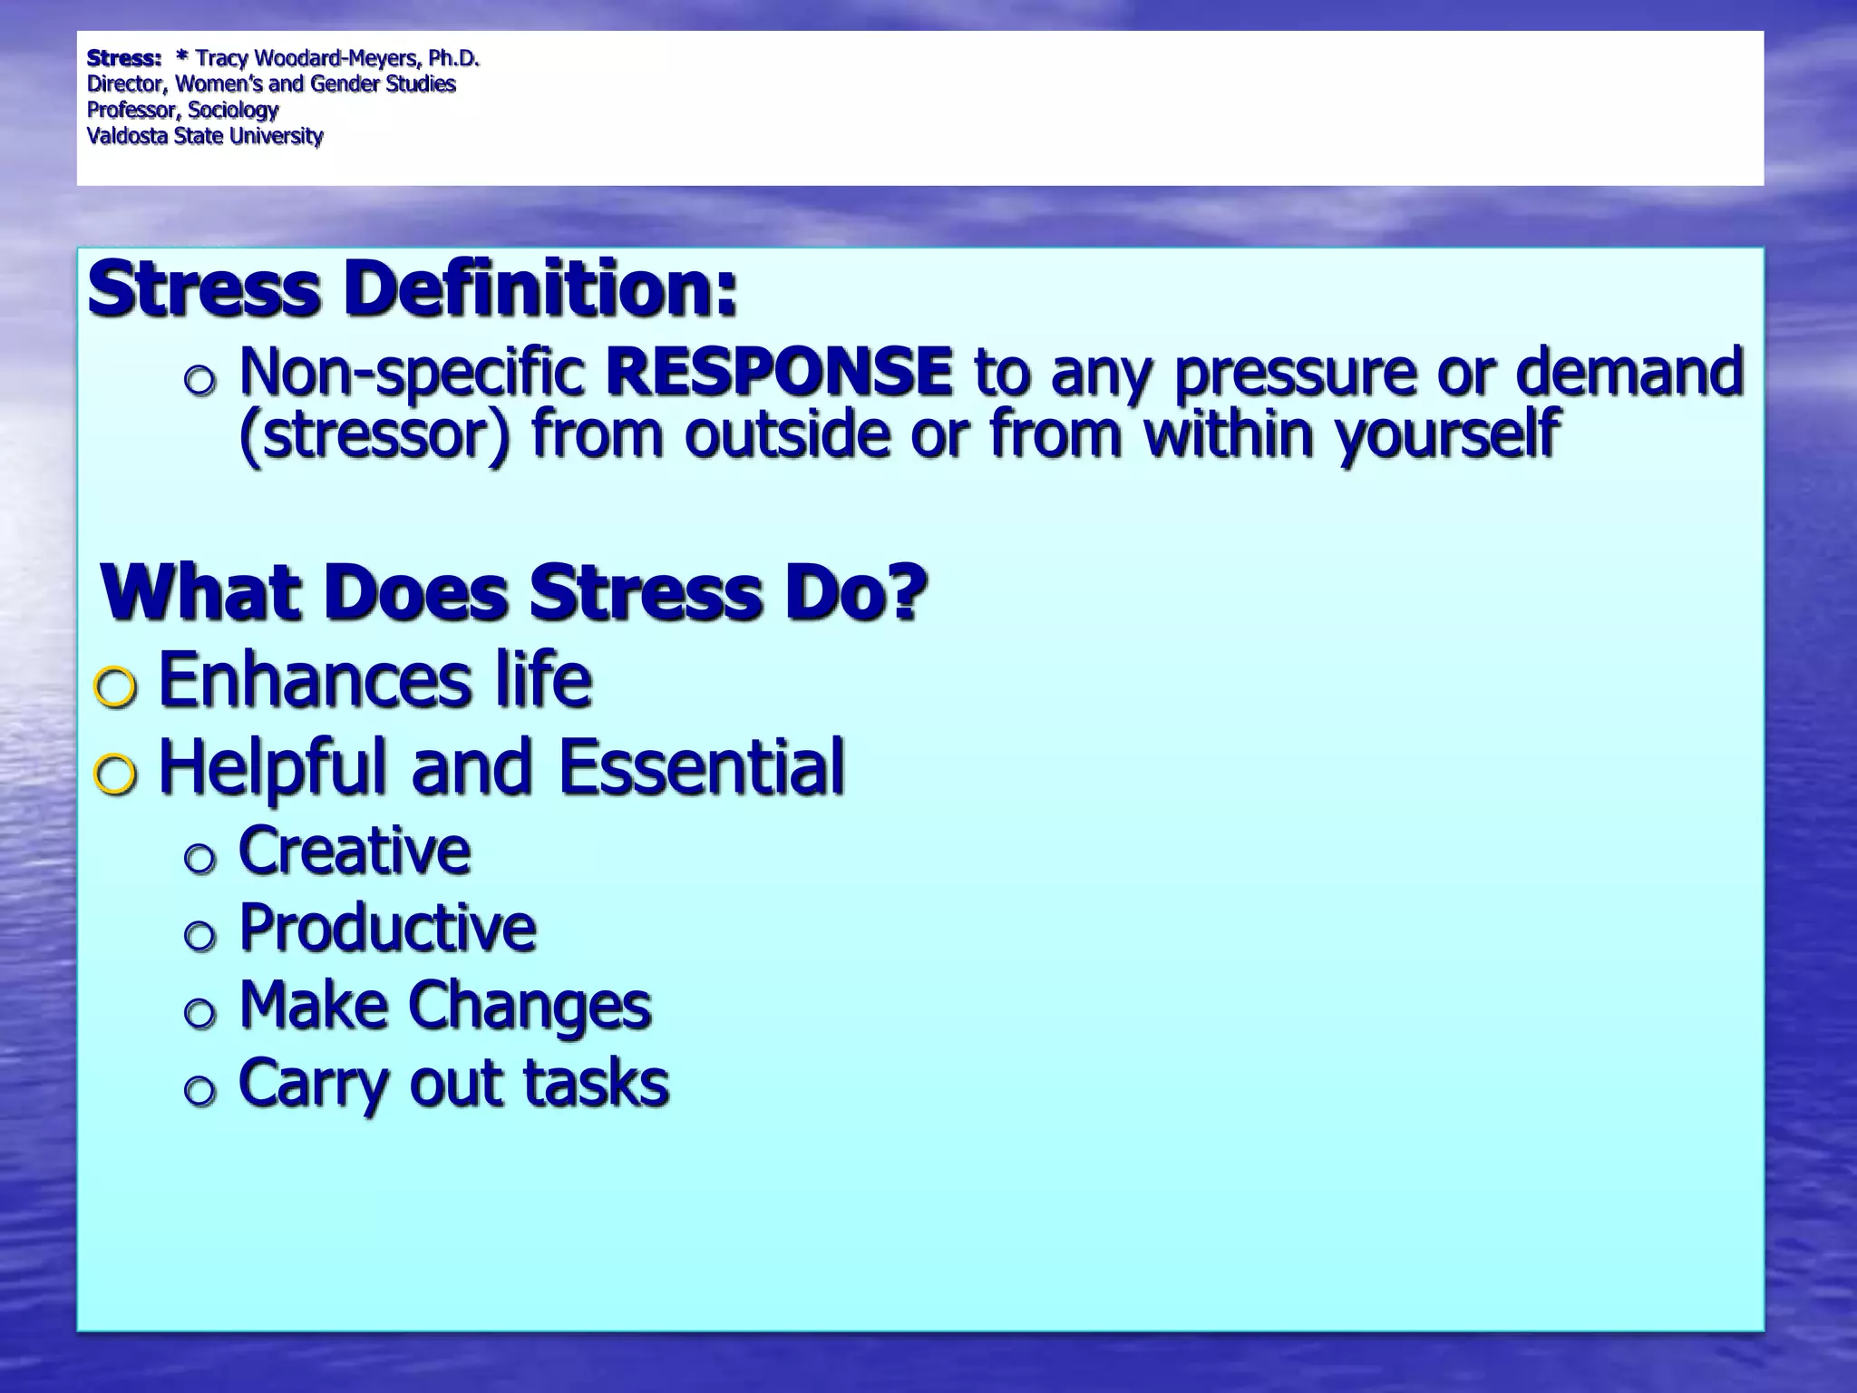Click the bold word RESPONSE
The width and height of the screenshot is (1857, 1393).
779,372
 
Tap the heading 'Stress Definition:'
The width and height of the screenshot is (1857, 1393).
413,288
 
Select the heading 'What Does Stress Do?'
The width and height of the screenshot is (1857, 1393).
514,592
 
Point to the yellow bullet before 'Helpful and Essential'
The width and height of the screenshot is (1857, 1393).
116,775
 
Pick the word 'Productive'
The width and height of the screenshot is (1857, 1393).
387,928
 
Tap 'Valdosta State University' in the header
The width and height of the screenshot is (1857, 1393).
205,136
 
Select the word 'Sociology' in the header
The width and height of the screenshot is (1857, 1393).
233,111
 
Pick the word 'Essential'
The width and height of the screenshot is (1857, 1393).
701,767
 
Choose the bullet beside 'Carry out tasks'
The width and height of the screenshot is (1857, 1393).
199,1091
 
